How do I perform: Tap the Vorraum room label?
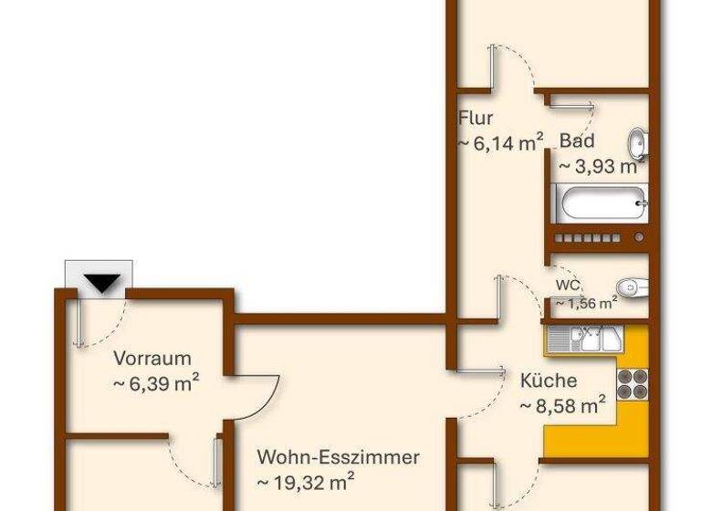coord(152,359)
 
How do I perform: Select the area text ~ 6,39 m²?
coord(156,383)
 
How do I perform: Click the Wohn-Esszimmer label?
coord(338,456)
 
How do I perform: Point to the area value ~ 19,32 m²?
coord(306,481)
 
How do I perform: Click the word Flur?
coord(476,118)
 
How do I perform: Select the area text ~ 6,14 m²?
coord(500,142)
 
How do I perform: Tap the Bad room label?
coord(577,141)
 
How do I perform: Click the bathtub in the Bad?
coord(603,203)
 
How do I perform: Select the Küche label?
coord(548,381)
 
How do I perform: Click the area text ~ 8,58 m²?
coord(562,404)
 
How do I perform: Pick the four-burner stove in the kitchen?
coord(631,384)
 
